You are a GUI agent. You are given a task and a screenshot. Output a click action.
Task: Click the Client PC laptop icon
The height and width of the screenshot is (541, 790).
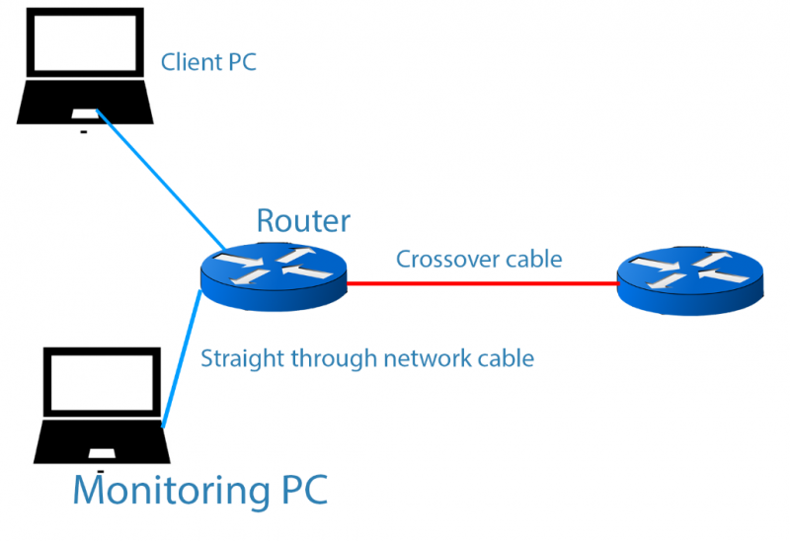(84, 69)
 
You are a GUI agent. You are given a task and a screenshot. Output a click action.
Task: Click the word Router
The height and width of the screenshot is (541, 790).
(302, 221)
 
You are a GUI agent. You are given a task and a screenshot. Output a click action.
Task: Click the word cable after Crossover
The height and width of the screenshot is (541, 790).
(534, 260)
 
